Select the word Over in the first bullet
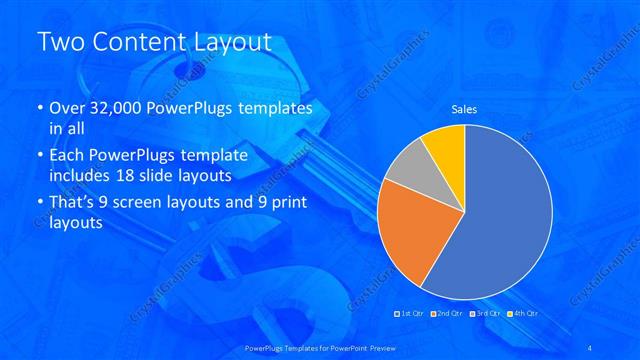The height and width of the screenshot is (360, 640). click(68, 108)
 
